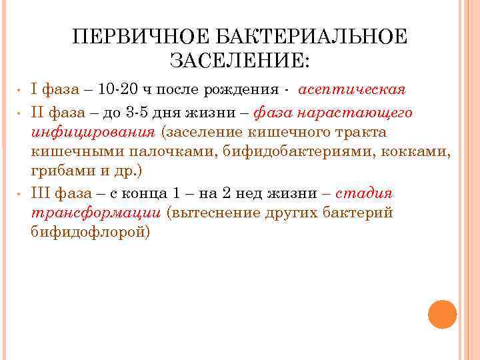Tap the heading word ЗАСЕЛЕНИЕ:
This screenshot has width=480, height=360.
[239, 62]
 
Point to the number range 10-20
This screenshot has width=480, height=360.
[119, 90]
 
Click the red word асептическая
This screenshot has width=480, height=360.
[353, 90]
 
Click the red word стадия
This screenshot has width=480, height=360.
[364, 194]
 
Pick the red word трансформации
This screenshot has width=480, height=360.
[96, 213]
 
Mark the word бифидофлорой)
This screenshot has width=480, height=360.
[91, 232]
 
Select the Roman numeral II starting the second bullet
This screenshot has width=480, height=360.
[37, 113]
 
